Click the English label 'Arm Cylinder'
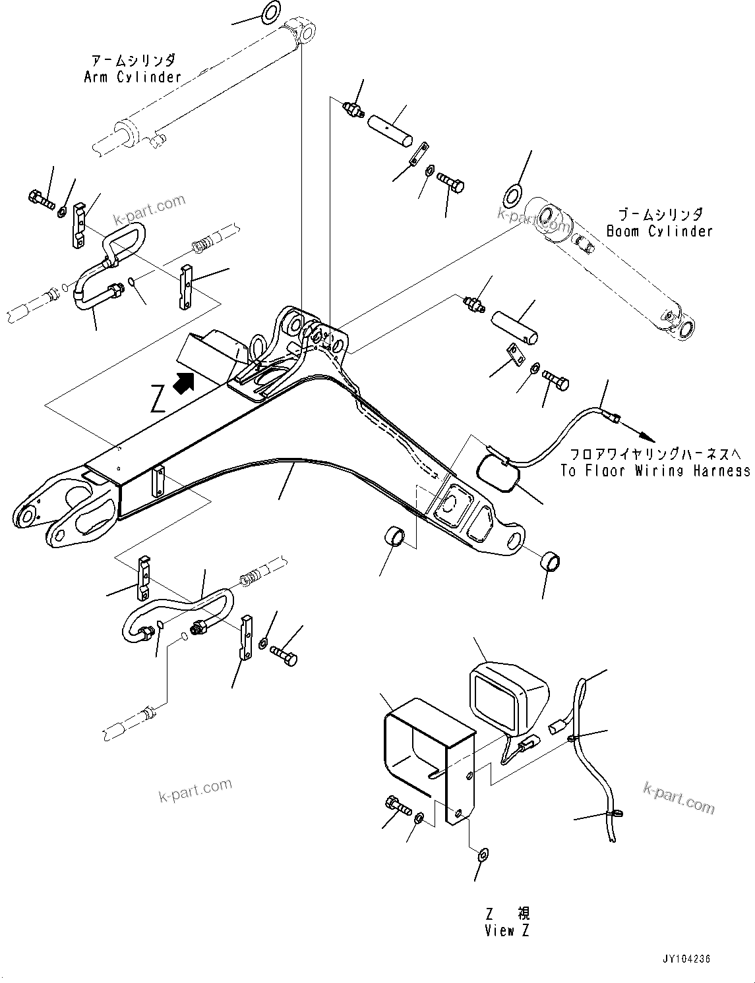pyautogui.click(x=133, y=77)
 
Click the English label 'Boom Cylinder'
pyautogui.click(x=659, y=231)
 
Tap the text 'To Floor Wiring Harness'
pyautogui.click(x=655, y=470)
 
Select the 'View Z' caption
pyautogui.click(x=508, y=930)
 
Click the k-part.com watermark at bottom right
pyautogui.click(x=679, y=799)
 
